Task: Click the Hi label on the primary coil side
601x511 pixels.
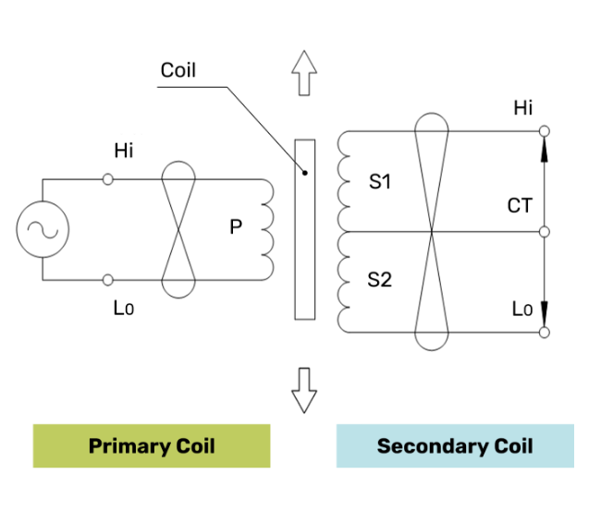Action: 124,152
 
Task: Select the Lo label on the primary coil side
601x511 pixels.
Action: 124,310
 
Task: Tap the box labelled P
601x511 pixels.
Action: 236,227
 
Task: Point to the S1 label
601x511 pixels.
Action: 380,182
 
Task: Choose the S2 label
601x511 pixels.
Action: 380,280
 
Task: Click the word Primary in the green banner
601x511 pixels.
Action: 128,446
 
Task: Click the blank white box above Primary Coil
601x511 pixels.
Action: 141,404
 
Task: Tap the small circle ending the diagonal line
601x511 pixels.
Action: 305,173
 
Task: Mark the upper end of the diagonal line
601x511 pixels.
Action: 227,88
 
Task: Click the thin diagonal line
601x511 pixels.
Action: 265,129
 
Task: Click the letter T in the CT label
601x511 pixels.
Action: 526,206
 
